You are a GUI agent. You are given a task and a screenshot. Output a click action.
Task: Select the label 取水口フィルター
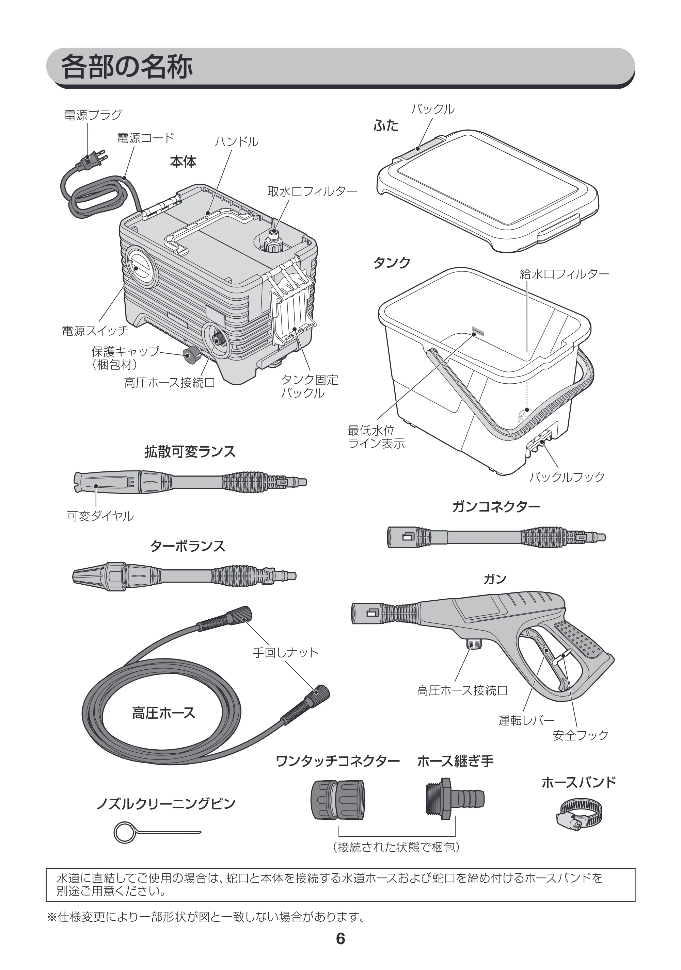312,191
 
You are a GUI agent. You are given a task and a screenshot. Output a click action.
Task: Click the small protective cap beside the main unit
192,353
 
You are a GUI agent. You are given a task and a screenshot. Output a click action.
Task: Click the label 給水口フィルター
564,274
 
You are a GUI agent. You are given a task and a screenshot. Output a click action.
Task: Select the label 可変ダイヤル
100,516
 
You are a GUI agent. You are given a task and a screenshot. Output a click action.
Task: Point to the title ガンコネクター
496,506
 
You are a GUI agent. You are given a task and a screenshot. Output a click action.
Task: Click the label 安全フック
580,735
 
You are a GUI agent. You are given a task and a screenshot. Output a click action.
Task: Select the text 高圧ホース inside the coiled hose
163,713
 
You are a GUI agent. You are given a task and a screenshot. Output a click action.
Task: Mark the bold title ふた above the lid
386,126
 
